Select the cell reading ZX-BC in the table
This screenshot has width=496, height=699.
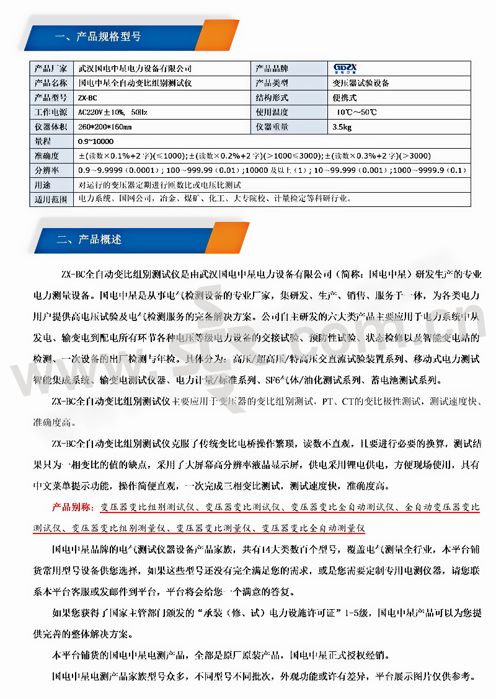click(x=88, y=98)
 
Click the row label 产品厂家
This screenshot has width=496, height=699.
click(x=51, y=68)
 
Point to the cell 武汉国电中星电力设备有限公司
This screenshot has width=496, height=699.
click(x=135, y=68)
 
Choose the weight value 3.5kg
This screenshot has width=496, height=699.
click(x=342, y=127)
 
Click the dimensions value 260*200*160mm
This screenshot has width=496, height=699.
click(x=105, y=127)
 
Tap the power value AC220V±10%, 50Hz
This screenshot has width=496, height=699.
click(x=112, y=112)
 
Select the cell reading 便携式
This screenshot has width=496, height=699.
click(x=345, y=98)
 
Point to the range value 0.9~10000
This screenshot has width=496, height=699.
click(x=96, y=141)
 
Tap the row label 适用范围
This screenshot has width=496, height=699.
click(x=51, y=200)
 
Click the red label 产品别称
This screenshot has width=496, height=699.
click(x=73, y=508)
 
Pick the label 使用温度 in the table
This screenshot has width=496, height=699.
click(x=272, y=112)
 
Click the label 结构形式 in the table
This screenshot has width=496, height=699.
click(x=272, y=98)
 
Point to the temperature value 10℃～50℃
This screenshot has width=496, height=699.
click(x=356, y=112)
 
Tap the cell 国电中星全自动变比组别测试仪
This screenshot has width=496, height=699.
click(x=135, y=83)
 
